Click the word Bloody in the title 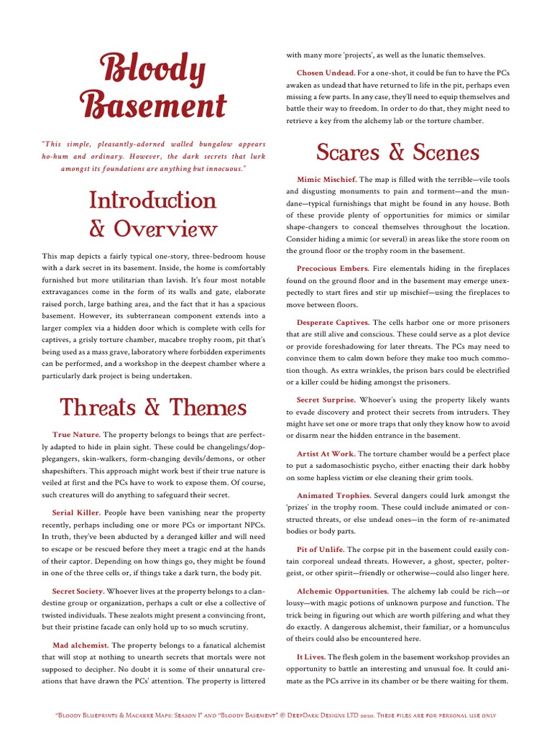coord(153,70)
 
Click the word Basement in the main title coord(153,106)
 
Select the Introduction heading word coord(153,200)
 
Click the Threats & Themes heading coord(153,408)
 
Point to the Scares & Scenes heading coord(397,152)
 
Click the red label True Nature coord(76,436)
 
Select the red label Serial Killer coord(76,512)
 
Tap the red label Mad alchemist coord(80,645)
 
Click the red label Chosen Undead coord(326,73)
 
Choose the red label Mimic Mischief coord(326,179)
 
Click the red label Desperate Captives coord(333,323)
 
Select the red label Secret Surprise coord(326,400)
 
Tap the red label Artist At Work coord(326,454)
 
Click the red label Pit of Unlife coord(321,549)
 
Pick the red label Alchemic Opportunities coord(342,591)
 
